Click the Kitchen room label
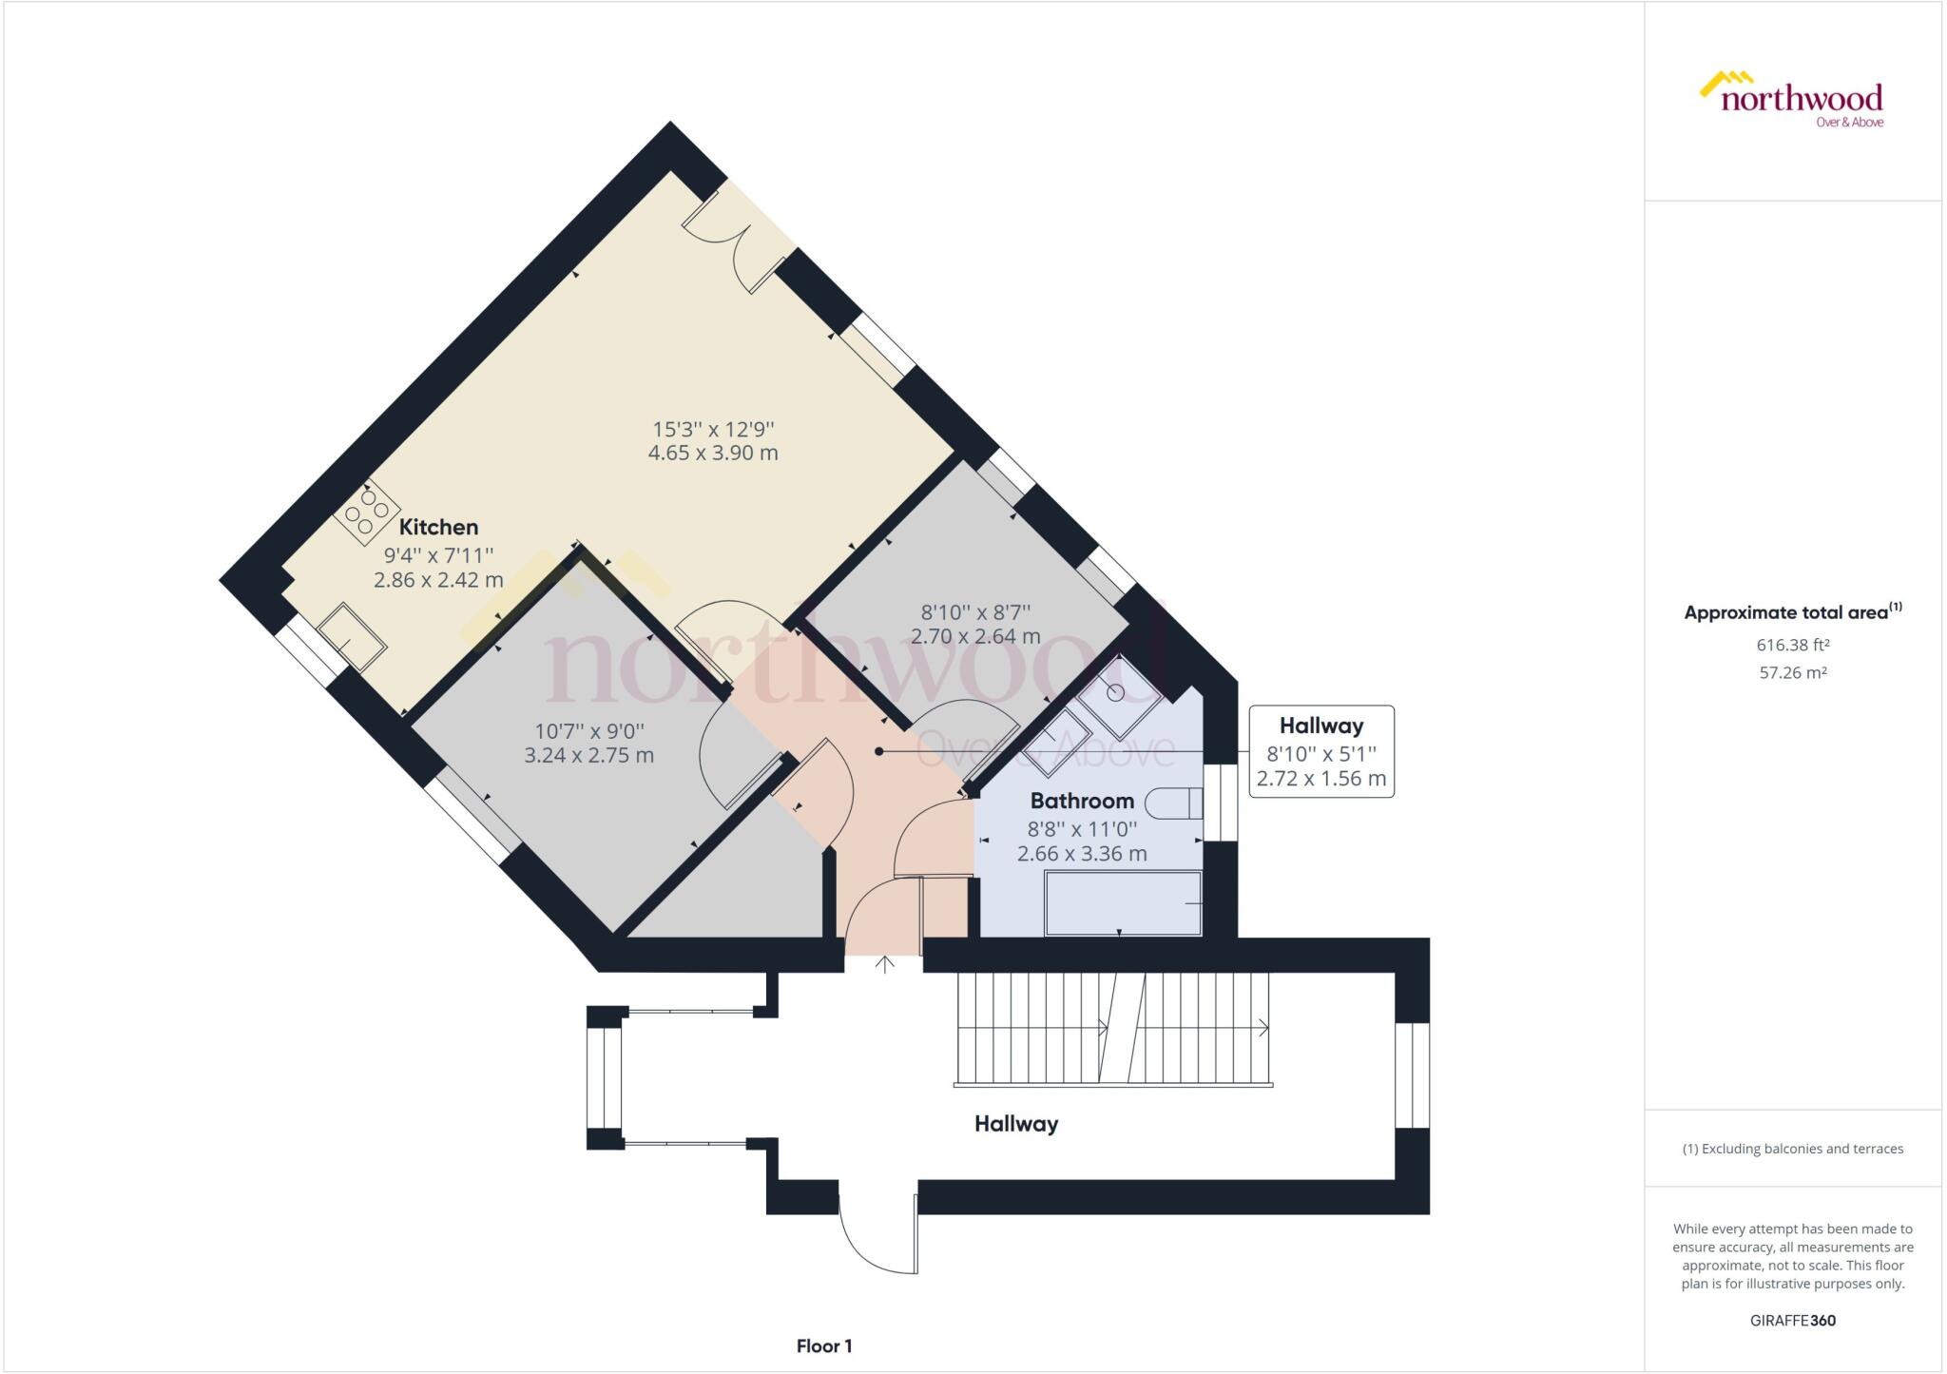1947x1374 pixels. pos(438,527)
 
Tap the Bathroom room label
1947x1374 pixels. pos(1082,801)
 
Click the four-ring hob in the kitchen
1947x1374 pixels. pos(366,513)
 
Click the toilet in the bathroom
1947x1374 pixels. pos(1174,804)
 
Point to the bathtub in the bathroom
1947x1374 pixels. pos(1123,903)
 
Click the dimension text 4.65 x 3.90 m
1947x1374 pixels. pos(713,453)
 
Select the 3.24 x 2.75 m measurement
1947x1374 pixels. pos(588,756)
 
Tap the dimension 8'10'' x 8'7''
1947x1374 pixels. pos(975,612)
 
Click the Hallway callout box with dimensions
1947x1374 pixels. pos(1320,751)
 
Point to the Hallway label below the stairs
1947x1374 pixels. pos(1015,1124)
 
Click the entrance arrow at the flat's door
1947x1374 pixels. pos(885,964)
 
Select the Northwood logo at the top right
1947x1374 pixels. pos(1792,99)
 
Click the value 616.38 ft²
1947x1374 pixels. pos(1793,645)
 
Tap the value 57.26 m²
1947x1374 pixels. pos(1793,672)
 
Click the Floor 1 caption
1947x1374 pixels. pos(823,1346)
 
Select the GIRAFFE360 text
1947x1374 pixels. pos(1792,1321)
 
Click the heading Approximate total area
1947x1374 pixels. pos(1792,612)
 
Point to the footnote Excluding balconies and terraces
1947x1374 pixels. pos(1792,1149)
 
